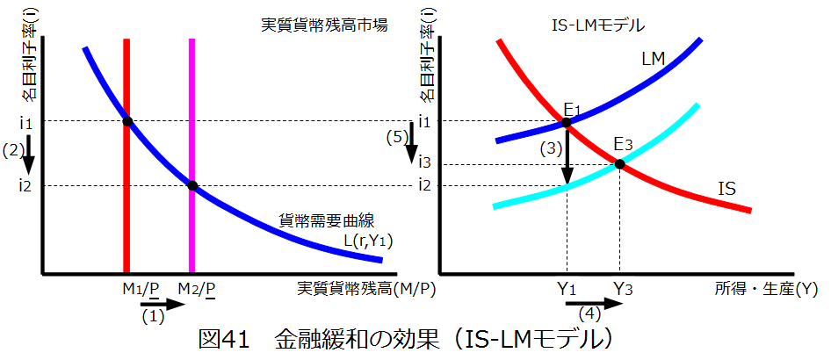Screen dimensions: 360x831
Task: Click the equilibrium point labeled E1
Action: pos(567,122)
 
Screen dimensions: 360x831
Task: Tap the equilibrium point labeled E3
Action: pos(619,164)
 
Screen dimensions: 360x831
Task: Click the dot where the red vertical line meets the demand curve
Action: pos(127,121)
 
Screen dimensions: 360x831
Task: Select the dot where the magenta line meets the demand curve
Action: pos(192,185)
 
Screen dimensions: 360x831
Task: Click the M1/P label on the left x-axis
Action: pos(141,289)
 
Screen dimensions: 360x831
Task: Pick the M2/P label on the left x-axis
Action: pos(196,289)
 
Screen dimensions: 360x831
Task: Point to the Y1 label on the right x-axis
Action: pos(567,289)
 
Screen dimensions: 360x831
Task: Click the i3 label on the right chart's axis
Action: pos(425,163)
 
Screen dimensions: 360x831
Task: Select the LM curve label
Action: pos(653,59)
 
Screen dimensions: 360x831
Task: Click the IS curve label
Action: pos(726,188)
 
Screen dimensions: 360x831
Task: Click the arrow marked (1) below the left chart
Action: pos(163,305)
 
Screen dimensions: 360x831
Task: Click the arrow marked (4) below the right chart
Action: pos(601,305)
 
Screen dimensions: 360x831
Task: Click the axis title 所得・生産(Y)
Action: pos(766,288)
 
